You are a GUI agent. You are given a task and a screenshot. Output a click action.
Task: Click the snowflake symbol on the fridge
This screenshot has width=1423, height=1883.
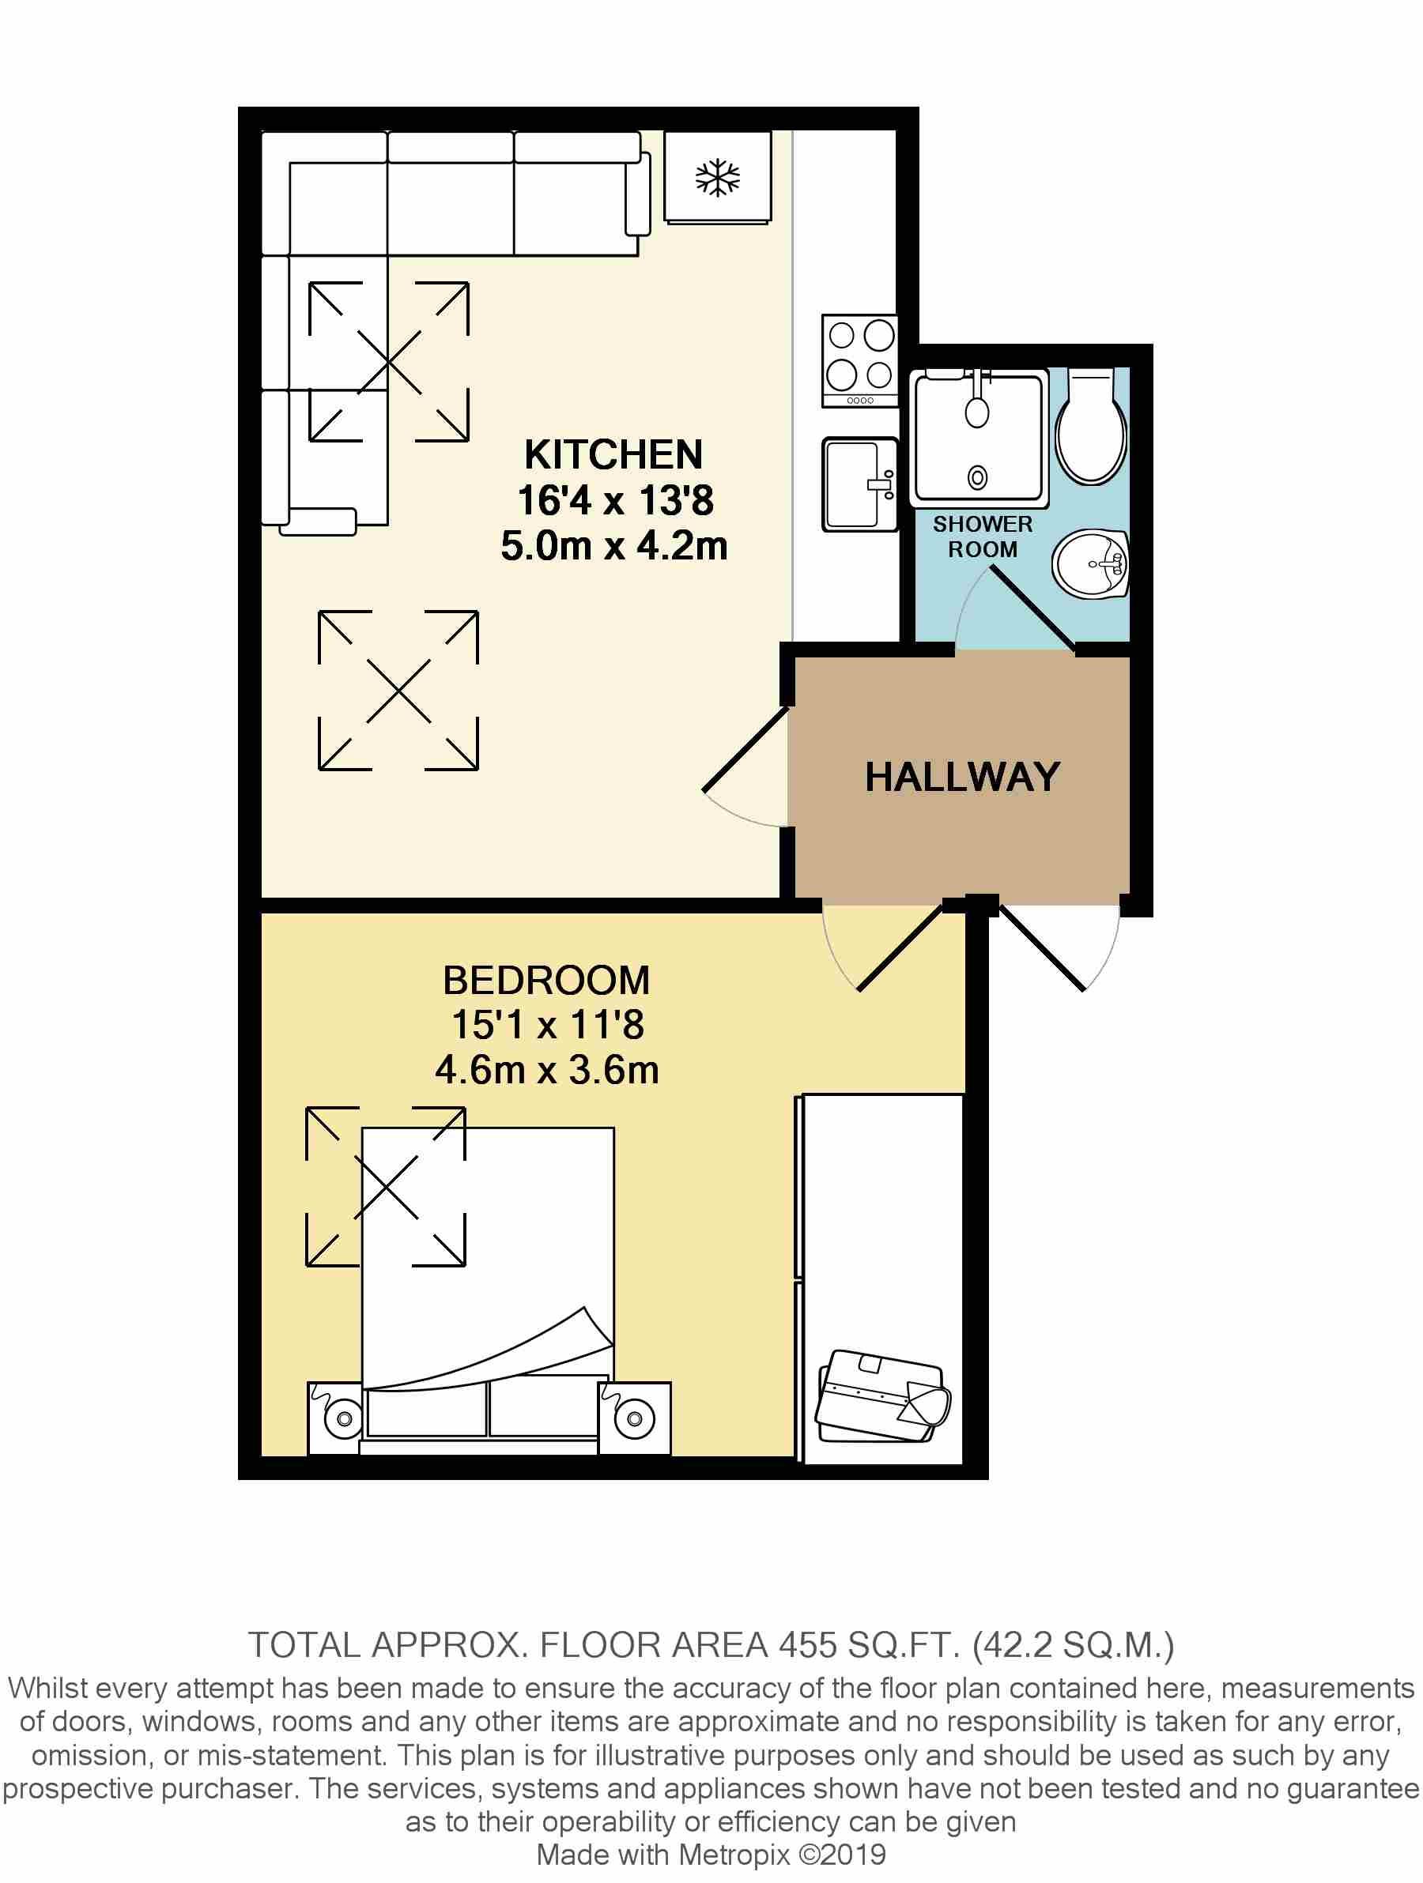pos(718,178)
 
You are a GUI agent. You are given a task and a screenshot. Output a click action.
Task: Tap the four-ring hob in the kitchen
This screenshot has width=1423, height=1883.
pos(859,360)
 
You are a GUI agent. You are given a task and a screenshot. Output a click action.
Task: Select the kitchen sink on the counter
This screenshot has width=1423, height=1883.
pos(859,484)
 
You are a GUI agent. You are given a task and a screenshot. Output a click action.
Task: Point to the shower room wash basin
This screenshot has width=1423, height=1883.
pos(1091,563)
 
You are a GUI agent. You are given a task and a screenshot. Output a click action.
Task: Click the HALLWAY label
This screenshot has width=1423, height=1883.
pos(962,778)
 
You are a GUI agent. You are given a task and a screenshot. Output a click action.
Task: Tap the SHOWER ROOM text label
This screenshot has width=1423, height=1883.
pos(983,537)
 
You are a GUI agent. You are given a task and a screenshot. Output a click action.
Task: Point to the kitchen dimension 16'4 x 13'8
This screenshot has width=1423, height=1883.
pos(615,499)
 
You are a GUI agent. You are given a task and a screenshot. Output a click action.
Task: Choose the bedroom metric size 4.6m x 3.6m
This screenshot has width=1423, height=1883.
pos(547,1070)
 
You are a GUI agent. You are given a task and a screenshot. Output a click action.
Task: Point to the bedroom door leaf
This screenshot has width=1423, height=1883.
pos(901,947)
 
